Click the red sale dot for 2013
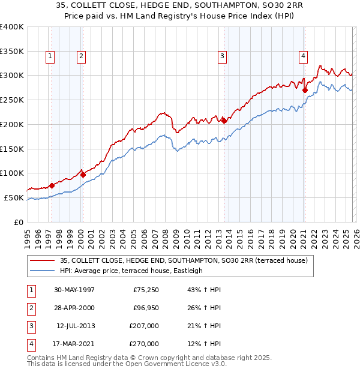[x=224, y=121]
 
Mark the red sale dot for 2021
[x=305, y=91]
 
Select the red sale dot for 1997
[x=52, y=185]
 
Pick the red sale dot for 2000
[x=83, y=175]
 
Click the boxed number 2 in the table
[x=31, y=307]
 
